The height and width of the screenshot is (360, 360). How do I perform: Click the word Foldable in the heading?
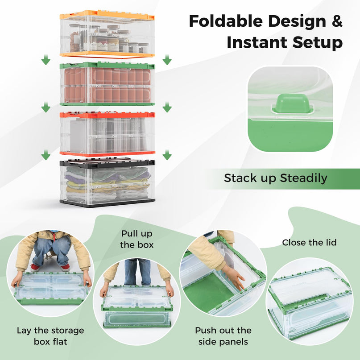(222, 21)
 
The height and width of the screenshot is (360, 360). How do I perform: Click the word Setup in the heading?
(318, 42)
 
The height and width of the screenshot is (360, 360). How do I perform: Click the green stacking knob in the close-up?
(290, 103)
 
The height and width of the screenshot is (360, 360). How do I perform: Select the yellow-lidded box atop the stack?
(107, 34)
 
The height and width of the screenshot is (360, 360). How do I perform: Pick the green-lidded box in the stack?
(107, 84)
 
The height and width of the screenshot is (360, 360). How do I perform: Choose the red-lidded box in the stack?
(107, 133)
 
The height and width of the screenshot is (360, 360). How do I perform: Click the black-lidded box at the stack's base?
(107, 182)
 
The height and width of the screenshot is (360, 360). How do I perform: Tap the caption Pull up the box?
(137, 239)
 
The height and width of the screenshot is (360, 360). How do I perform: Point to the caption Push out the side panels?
(223, 336)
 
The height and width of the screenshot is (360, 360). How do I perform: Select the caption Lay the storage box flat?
(50, 336)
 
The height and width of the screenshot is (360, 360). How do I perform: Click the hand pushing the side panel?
(234, 276)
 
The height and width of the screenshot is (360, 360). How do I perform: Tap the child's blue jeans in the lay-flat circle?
(52, 250)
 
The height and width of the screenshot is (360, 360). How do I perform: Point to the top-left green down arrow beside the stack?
(46, 60)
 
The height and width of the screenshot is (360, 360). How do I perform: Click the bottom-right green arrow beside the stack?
(167, 155)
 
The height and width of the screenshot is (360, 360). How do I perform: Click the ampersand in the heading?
(335, 21)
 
